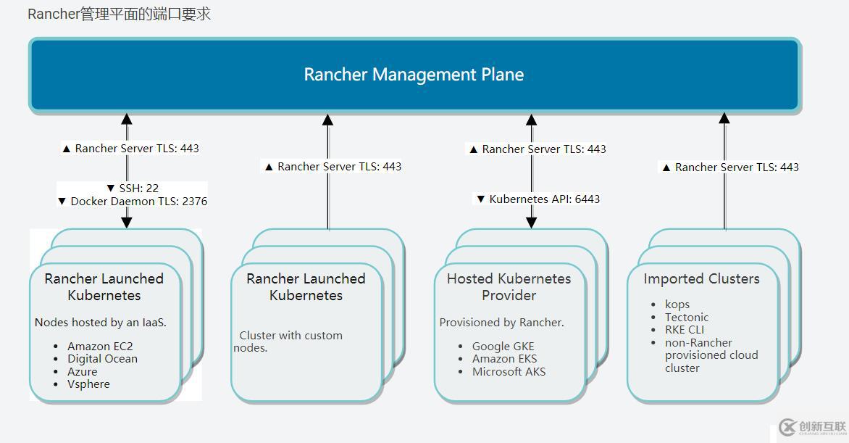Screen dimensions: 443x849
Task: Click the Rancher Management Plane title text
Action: point(414,75)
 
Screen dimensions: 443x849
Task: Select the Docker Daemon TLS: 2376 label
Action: point(132,202)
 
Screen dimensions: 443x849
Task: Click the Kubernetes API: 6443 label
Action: point(538,199)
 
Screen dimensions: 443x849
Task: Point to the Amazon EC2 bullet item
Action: point(100,347)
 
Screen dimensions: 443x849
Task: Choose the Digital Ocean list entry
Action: point(102,359)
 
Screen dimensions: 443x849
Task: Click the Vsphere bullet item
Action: point(88,384)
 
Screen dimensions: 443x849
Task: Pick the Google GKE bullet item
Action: point(503,347)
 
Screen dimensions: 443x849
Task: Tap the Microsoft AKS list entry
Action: point(509,372)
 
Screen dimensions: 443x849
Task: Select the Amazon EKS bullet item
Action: point(504,359)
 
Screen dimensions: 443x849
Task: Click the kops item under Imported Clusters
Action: point(677,305)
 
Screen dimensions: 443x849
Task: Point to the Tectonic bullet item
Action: point(687,318)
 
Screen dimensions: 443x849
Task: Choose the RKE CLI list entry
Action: point(685,330)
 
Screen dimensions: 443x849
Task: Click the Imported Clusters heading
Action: point(701,279)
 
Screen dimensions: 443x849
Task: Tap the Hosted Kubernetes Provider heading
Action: point(509,287)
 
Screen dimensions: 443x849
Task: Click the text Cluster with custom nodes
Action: point(288,341)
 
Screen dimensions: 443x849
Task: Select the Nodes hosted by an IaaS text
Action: point(101,323)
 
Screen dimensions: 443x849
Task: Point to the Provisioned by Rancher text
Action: point(501,323)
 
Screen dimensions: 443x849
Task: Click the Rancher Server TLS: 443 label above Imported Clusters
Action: point(730,167)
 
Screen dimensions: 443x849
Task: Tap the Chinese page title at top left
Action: point(120,14)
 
